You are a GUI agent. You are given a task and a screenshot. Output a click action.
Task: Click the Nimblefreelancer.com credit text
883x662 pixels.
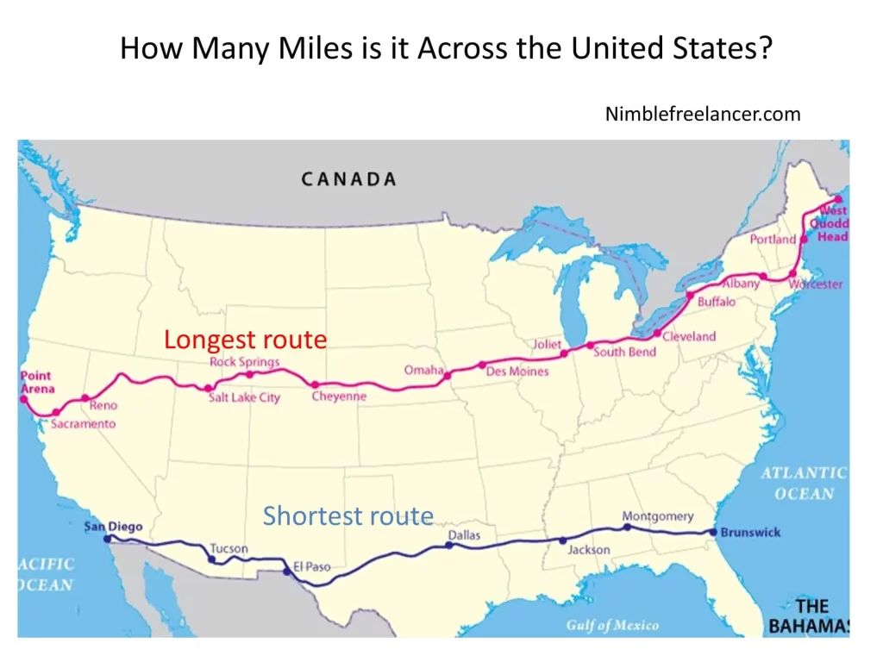coord(703,114)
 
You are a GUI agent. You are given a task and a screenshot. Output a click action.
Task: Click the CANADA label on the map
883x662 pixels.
coord(348,179)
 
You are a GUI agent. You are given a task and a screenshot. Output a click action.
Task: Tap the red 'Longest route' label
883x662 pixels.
coord(246,340)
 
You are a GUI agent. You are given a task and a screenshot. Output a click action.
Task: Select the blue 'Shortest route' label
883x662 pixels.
coord(348,516)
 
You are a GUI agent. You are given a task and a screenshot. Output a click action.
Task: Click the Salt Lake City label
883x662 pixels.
coord(244,397)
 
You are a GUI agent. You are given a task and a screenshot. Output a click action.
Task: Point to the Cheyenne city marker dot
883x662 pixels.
coord(316,384)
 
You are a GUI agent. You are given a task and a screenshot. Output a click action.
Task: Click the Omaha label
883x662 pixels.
coord(423,370)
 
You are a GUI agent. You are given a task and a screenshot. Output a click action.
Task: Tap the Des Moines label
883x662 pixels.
coord(517,372)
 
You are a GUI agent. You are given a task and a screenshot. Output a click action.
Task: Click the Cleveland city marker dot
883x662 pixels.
coord(657,334)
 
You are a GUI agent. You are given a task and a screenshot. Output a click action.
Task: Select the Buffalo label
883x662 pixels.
coord(717,302)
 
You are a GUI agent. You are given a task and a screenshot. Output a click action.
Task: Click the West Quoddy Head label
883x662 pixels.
coord(833,223)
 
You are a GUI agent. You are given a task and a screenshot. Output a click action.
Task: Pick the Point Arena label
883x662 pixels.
coord(36,382)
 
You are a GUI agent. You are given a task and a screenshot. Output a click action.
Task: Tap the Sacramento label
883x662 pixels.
coord(83,424)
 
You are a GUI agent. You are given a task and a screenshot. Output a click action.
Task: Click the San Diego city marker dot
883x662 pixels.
coord(107,539)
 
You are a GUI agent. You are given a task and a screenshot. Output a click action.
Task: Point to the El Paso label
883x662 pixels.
coord(311,567)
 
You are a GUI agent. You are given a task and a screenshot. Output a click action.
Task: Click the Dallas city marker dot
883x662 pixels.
coord(448,545)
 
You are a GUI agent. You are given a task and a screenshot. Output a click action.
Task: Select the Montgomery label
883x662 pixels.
coord(657,516)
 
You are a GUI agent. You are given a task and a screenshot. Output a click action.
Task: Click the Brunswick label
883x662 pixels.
coord(750,532)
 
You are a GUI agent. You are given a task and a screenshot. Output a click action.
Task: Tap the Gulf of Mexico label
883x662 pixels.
coord(612,625)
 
